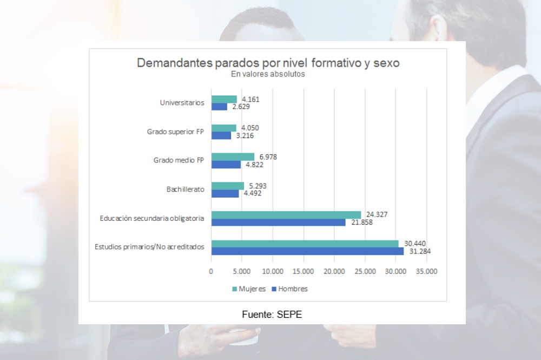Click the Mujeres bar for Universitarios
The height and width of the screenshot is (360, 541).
tap(224, 99)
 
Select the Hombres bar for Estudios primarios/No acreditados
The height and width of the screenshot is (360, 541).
tap(307, 251)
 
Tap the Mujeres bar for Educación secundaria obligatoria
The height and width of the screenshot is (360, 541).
tap(286, 215)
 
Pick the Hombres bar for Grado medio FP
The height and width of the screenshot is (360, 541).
tap(226, 165)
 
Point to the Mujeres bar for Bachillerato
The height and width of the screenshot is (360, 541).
tap(227, 186)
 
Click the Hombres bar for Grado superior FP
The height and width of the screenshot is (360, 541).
tap(221, 135)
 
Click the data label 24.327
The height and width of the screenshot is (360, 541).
tap(377, 214)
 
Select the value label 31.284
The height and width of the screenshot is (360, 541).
tap(419, 251)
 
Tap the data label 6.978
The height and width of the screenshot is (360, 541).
tap(268, 156)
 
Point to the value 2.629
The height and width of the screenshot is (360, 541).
tap(241, 107)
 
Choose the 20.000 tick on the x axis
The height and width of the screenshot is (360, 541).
tap(334, 272)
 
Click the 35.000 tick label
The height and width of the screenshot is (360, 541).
tap(426, 272)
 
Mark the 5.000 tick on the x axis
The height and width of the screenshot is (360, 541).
tap(242, 272)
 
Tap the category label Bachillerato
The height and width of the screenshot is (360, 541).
tap(185, 189)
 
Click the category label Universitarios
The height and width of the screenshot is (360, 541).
tap(182, 102)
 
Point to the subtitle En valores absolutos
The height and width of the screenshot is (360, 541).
tap(268, 75)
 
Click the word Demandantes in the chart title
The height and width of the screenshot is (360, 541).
tap(168, 63)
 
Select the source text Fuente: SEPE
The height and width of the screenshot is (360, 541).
tap(272, 314)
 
